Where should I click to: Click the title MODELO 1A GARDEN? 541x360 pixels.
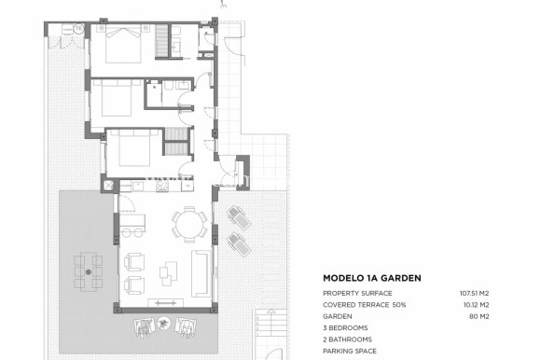click(x=371, y=278)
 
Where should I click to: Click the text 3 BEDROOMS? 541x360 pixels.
click(x=345, y=327)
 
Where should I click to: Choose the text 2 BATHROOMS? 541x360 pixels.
click(x=347, y=339)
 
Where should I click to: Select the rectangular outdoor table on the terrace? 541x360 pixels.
click(x=90, y=270)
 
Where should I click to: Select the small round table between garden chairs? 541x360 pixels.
click(x=164, y=325)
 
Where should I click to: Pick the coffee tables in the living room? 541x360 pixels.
click(x=168, y=272)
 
